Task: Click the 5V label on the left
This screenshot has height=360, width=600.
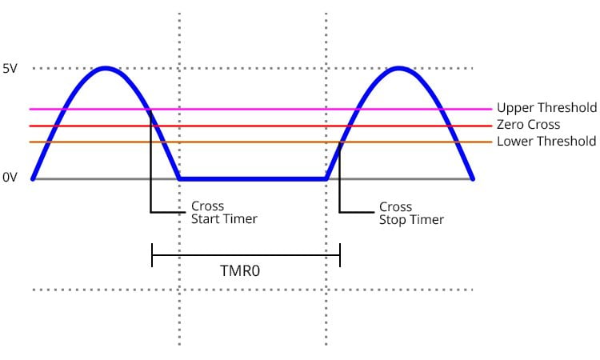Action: pyautogui.click(x=10, y=69)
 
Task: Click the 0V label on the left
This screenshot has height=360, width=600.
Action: pyautogui.click(x=10, y=178)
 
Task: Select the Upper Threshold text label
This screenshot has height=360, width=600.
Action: pyautogui.click(x=546, y=108)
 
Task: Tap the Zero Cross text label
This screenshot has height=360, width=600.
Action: pyautogui.click(x=528, y=125)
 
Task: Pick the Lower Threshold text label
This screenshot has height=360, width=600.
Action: pyautogui.click(x=546, y=142)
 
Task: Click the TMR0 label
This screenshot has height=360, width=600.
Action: pyautogui.click(x=240, y=271)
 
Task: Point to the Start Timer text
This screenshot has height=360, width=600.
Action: pyautogui.click(x=223, y=219)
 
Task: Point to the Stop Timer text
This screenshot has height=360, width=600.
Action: pyautogui.click(x=411, y=219)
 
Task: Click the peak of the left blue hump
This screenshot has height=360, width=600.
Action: pyautogui.click(x=105, y=69)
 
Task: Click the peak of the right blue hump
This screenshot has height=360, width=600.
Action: pyautogui.click(x=399, y=69)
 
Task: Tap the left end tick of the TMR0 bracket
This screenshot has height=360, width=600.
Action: pyautogui.click(x=152, y=256)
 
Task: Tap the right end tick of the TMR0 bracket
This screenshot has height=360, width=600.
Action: pyautogui.click(x=340, y=256)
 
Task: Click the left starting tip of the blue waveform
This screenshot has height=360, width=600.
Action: pyautogui.click(x=33, y=178)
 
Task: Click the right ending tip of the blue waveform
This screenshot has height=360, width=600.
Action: pyautogui.click(x=473, y=178)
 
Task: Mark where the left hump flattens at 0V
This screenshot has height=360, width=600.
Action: pyautogui.click(x=179, y=178)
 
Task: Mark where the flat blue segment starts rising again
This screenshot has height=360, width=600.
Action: pyautogui.click(x=326, y=178)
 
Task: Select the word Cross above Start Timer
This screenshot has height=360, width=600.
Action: pyautogui.click(x=207, y=206)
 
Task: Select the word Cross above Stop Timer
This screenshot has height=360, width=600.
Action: pyautogui.click(x=395, y=206)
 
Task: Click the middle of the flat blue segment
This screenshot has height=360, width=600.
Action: pyautogui.click(x=253, y=178)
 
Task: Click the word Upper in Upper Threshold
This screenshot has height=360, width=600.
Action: pyautogui.click(x=513, y=108)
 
